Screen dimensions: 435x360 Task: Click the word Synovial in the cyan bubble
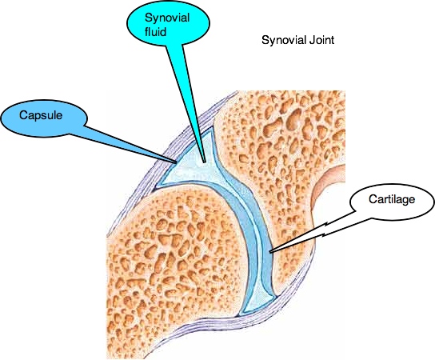[x=167, y=18]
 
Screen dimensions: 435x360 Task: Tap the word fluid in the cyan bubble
[x=155, y=31]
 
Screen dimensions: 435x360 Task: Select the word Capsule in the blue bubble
[x=41, y=115]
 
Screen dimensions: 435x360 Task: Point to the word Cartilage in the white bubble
[x=392, y=199]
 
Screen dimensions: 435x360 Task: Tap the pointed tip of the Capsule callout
[x=177, y=163]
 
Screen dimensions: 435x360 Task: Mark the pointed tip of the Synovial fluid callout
[x=205, y=162]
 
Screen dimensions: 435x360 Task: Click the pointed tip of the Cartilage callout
[x=270, y=252]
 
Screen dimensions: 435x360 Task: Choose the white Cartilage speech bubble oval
[x=392, y=199]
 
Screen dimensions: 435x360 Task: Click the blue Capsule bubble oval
[x=44, y=117]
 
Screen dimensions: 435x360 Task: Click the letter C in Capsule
[x=23, y=115]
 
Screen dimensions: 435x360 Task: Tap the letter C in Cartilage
[x=373, y=199]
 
